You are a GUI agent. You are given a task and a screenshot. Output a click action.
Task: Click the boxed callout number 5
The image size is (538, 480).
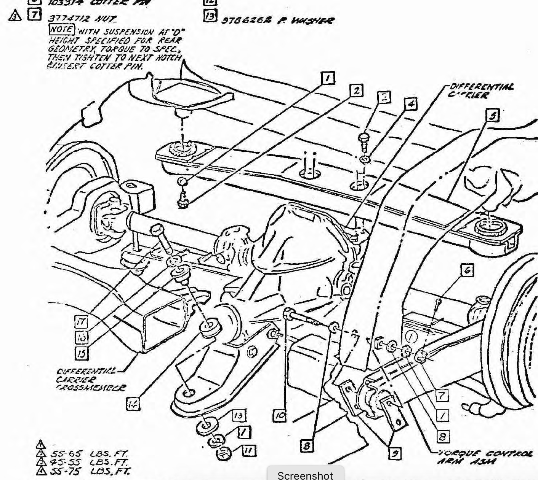coord(493,115)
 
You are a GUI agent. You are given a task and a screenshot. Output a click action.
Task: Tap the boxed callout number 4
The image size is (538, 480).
coord(411,103)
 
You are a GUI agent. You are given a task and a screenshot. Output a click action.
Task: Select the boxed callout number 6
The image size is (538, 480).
coord(467,270)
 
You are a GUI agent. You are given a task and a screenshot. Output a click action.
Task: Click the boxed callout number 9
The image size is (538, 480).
coord(395,453)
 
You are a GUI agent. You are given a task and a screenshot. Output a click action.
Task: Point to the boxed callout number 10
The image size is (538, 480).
coord(280,415)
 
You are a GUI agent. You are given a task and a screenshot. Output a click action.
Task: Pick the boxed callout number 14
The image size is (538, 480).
coord(133,404)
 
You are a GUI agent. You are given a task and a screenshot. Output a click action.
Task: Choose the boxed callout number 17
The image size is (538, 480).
coord(81,322)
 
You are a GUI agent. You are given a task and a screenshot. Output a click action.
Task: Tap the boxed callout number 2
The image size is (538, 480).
coord(356,91)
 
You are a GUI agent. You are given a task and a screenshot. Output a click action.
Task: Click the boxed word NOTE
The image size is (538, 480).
coord(62,29)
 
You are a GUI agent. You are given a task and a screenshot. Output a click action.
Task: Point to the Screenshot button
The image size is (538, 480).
coord(305,475)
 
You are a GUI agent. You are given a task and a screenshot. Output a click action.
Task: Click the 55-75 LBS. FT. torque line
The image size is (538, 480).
coord(90,471)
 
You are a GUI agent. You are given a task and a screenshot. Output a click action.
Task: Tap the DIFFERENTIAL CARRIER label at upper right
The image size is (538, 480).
coord(481,91)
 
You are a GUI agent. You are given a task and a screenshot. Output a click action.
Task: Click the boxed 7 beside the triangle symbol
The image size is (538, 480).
coord(34,15)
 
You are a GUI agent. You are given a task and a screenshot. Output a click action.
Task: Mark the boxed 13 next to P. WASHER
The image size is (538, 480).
coord(210,16)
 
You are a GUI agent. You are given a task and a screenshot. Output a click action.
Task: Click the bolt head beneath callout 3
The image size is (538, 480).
coord(364,138)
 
